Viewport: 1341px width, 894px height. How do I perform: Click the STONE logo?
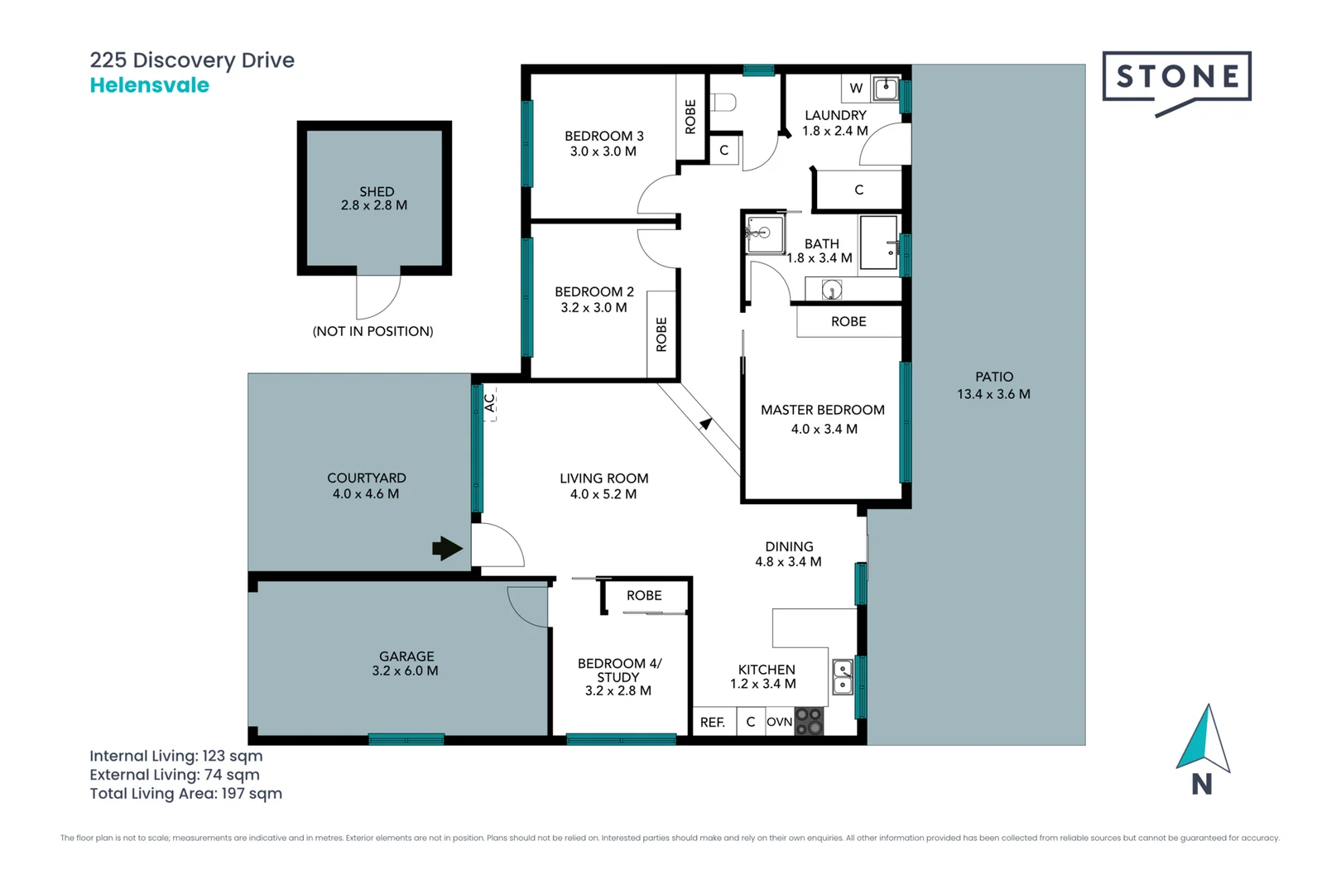point(1176,78)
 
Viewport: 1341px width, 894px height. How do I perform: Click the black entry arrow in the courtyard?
point(447,548)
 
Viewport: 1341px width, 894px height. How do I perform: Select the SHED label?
point(377,191)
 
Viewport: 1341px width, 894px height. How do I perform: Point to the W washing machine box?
point(856,88)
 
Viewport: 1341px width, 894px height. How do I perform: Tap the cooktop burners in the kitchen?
point(809,722)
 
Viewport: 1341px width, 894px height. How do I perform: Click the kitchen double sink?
point(842,677)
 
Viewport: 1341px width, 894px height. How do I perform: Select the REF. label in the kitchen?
point(712,723)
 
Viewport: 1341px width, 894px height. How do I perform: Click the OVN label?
point(779,722)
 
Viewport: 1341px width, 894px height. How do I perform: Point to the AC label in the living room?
point(490,403)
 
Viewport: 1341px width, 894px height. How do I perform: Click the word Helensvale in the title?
point(150,85)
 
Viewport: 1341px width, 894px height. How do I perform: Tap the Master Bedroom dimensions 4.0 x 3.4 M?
point(824,429)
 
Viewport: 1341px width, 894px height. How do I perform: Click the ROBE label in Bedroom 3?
point(690,117)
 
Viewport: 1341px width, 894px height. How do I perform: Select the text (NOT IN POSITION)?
point(372,331)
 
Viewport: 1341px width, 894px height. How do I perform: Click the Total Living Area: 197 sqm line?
point(186,794)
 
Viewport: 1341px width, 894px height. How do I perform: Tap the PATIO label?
point(993,377)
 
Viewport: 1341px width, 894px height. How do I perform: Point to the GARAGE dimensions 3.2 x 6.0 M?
point(405,671)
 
